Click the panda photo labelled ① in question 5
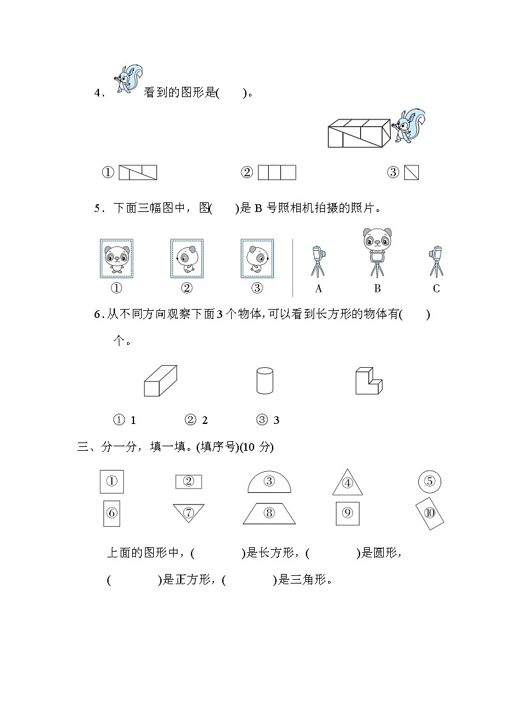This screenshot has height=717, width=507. pos(117,258)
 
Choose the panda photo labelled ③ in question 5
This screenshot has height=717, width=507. pos(257,258)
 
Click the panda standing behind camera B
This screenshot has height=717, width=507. pos(377,241)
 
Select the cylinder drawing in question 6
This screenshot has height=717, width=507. pos(264,381)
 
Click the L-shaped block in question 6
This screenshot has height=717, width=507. pos(368,381)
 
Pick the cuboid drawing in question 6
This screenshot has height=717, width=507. pos(160,382)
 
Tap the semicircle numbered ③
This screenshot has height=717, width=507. pos(269,483)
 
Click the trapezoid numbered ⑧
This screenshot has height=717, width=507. pos(269,513)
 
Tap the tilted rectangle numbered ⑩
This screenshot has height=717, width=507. pos(429,513)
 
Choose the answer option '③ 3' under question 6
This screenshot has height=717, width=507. pos(268,420)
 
